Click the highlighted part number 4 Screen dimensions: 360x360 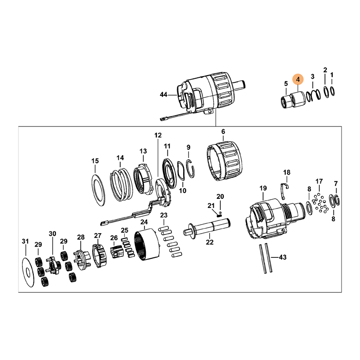coord(298,80)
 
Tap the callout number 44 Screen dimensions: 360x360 coord(163,94)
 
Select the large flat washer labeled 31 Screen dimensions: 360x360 coord(28,272)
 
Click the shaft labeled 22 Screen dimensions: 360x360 coord(207,227)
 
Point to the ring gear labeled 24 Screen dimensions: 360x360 coord(147,245)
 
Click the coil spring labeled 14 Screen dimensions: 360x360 coord(121,184)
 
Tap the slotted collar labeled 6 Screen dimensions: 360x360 coord(225,161)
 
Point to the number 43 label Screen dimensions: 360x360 coord(283,257)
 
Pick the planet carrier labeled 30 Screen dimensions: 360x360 coord(54,265)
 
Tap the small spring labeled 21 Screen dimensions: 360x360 coord(219,215)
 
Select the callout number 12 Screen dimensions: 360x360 coord(158,135)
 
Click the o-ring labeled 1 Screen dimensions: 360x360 coord(332,91)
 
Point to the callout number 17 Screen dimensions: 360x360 coord(319,181)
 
